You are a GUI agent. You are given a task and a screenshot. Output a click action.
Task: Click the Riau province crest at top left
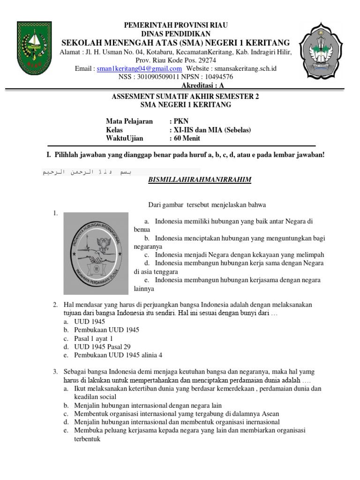(x=34, y=47)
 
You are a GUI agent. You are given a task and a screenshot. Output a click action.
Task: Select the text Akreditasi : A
(x=203, y=85)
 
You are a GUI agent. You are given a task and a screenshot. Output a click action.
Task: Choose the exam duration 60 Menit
(x=187, y=138)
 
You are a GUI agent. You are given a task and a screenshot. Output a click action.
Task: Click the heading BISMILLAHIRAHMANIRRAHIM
(x=200, y=180)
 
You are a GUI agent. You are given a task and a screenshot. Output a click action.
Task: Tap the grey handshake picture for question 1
(x=96, y=253)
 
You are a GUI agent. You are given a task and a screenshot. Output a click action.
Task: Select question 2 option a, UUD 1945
(x=90, y=322)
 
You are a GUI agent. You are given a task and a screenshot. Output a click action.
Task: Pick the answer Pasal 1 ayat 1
(x=93, y=338)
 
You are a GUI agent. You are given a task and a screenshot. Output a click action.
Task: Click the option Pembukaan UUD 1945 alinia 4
(x=118, y=355)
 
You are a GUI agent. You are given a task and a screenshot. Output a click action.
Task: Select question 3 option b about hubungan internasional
(x=148, y=405)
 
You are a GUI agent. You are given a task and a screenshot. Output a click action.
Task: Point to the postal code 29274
(x=206, y=60)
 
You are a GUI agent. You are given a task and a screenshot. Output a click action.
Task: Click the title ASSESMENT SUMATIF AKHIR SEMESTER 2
(x=185, y=97)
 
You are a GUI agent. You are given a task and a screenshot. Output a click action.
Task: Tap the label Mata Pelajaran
(x=129, y=121)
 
